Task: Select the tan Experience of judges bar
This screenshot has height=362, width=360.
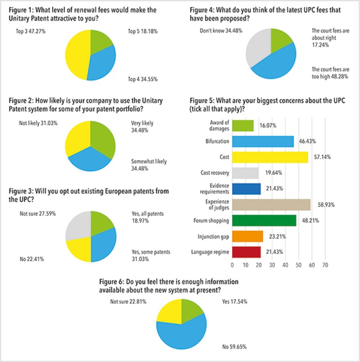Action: pos(271,204)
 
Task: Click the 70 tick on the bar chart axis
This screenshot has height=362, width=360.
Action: pos(325,265)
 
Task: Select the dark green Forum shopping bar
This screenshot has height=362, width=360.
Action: pos(264,220)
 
